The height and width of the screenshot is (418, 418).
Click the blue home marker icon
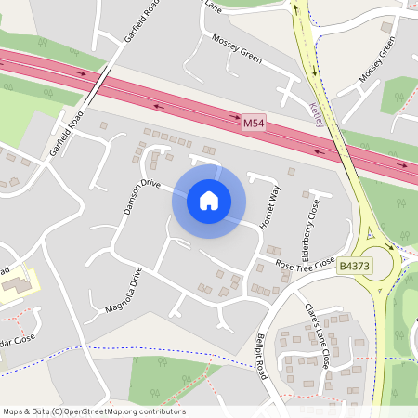tap(209, 200)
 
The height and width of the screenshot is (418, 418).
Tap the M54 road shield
tap(253, 123)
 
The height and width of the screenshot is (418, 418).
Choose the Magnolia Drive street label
tap(124, 292)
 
